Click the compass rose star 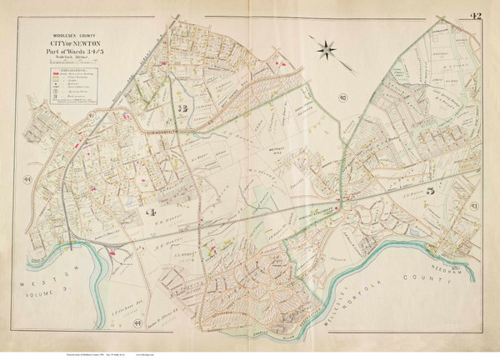pos(326,47)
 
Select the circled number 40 pos(342,99)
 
